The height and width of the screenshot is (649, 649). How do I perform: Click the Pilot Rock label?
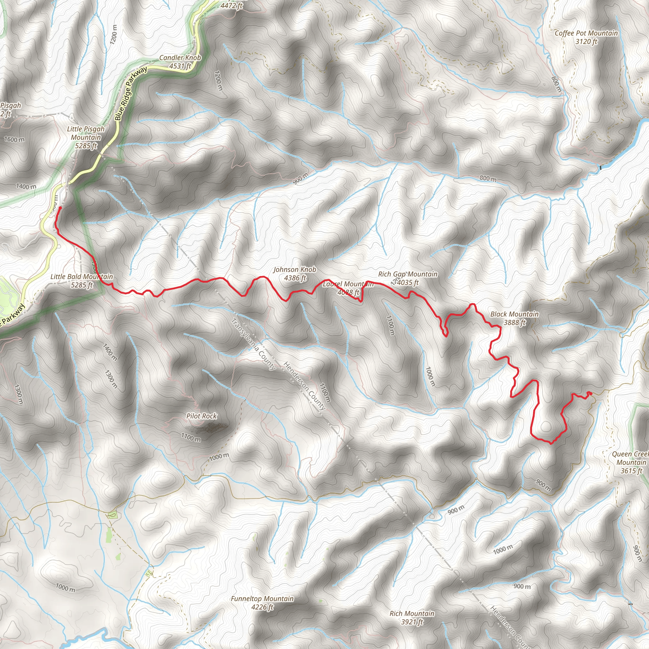pyautogui.click(x=202, y=416)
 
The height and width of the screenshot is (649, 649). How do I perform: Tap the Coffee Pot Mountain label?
pyautogui.click(x=586, y=33)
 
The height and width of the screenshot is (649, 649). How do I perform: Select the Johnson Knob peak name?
pyautogui.click(x=295, y=269)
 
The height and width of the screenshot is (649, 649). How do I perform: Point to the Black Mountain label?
pyautogui.click(x=514, y=314)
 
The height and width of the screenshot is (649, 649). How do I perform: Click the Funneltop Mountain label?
pyautogui.click(x=262, y=599)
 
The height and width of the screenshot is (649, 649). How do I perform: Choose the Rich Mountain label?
pyautogui.click(x=412, y=614)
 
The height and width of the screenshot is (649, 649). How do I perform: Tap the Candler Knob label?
pyautogui.click(x=180, y=58)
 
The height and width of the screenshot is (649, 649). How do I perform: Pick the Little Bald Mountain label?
pyautogui.click(x=82, y=277)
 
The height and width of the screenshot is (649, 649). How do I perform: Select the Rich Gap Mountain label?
pyautogui.click(x=408, y=274)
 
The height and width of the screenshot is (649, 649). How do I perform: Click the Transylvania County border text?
pyautogui.click(x=253, y=344)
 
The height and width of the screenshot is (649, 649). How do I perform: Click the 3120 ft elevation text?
pyautogui.click(x=587, y=42)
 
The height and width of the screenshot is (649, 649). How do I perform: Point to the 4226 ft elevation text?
pyautogui.click(x=262, y=607)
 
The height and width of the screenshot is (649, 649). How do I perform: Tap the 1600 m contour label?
pyautogui.click(x=14, y=139)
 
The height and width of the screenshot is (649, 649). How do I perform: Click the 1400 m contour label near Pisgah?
pyautogui.click(x=26, y=186)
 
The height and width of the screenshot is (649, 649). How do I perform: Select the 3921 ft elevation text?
pyautogui.click(x=412, y=622)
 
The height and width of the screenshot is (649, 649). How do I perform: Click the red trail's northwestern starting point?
pyautogui.click(x=60, y=208)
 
